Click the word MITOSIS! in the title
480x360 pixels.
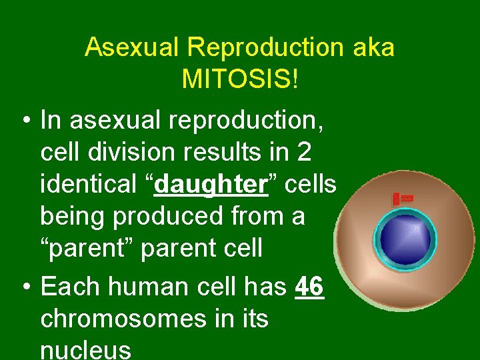click(240, 80)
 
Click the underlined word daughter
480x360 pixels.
click(211, 185)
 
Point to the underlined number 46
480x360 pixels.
click(309, 287)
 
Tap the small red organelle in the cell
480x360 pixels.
click(403, 199)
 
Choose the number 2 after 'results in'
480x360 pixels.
click(304, 153)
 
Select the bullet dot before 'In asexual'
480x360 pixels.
click(24, 121)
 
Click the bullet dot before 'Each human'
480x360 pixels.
click(24, 287)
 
